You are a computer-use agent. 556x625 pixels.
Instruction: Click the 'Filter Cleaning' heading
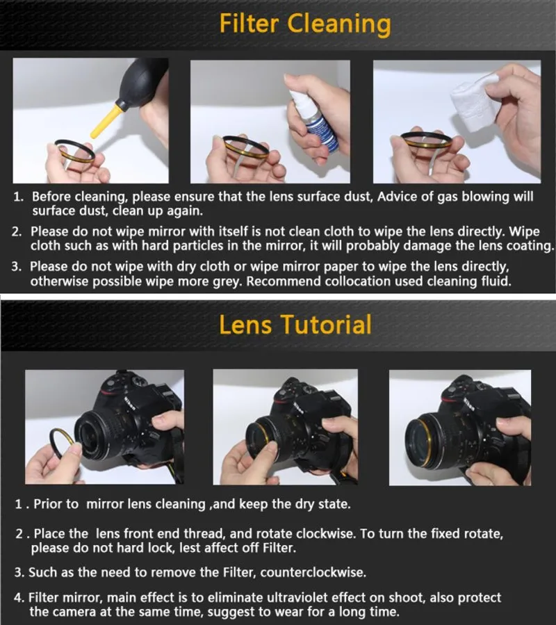click(x=305, y=24)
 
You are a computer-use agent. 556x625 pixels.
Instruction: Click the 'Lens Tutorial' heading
click(x=295, y=325)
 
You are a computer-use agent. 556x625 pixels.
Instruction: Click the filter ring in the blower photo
click(x=75, y=156)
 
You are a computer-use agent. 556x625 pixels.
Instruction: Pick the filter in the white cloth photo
click(x=427, y=140)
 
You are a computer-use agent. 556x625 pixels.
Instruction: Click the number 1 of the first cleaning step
click(x=18, y=197)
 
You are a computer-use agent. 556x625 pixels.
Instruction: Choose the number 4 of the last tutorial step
click(x=18, y=597)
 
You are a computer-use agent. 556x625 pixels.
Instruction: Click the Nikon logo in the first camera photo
click(x=129, y=403)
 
